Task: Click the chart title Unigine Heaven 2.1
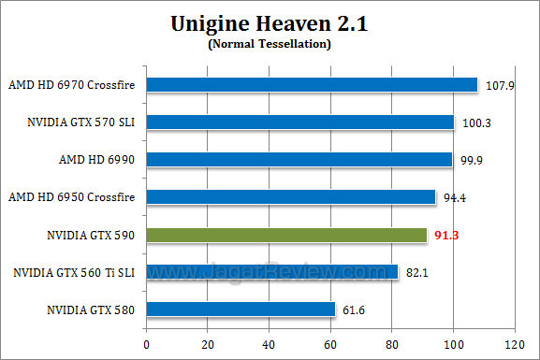[x=270, y=24]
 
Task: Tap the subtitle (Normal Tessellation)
[x=270, y=44]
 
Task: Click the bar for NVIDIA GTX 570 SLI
[x=299, y=122]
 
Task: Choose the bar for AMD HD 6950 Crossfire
[x=291, y=197]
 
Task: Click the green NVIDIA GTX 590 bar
[x=286, y=235]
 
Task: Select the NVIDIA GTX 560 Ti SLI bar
[x=272, y=272]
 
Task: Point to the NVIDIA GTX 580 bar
[x=241, y=310]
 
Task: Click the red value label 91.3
[x=445, y=236]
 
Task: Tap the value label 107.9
[x=497, y=86]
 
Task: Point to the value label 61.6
[x=352, y=310]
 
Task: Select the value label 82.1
[x=415, y=273]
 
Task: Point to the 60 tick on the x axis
[x=330, y=343]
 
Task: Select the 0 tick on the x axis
[x=146, y=343]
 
